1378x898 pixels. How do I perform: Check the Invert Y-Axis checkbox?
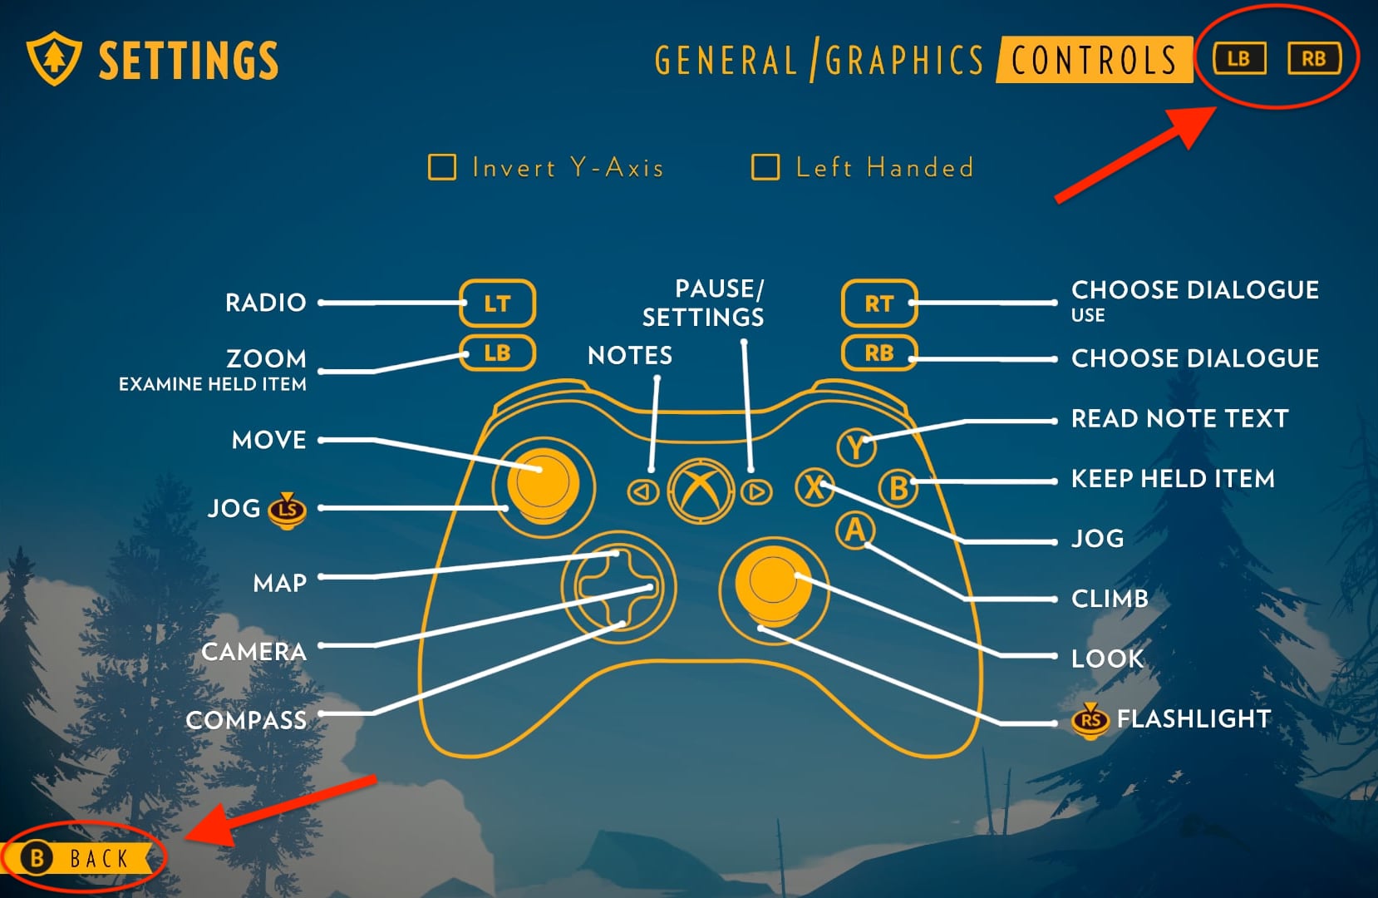point(442,167)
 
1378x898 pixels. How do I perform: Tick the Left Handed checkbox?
point(765,167)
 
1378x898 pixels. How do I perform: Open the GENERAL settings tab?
point(726,61)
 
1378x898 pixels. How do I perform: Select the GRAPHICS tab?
point(904,61)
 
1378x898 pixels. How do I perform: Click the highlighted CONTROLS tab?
point(1094,61)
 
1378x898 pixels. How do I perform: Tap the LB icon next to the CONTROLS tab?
point(1238,59)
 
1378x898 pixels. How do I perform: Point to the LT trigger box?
point(497,303)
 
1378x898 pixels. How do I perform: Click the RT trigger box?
point(878,303)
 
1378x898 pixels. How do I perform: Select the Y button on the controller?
point(855,447)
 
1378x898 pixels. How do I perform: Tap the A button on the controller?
point(855,530)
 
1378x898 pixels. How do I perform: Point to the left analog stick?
point(543,482)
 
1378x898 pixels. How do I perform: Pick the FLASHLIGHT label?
point(1193,718)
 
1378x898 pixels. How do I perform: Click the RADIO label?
point(266,303)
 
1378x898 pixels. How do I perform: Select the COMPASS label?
point(246,720)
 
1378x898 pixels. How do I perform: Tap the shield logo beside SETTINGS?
point(54,59)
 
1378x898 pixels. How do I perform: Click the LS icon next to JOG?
point(288,508)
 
